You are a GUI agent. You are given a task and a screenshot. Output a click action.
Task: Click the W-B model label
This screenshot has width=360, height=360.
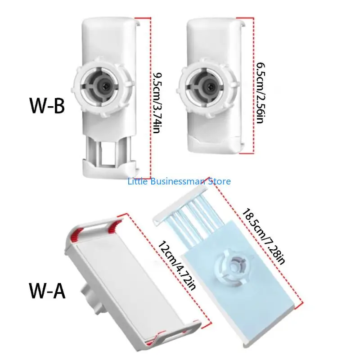coord(47,106)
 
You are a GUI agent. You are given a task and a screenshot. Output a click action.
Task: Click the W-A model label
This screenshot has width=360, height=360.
coord(47,291)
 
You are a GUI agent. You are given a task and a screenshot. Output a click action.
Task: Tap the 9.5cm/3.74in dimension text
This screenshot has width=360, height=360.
coord(157,103)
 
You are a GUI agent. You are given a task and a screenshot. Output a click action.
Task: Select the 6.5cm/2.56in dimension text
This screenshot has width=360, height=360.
coord(261,93)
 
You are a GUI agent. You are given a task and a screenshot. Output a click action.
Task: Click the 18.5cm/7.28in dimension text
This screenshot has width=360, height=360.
coord(264,237)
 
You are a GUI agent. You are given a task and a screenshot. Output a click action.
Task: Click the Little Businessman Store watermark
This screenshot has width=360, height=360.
coord(179,181)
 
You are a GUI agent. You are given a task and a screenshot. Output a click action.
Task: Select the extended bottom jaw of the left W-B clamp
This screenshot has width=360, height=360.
coord(109,168)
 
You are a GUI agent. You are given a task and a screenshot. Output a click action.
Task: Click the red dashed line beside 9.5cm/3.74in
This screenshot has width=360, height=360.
coord(150,98)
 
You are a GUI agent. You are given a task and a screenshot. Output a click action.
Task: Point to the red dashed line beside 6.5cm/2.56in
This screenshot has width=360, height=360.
coord(253,85)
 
